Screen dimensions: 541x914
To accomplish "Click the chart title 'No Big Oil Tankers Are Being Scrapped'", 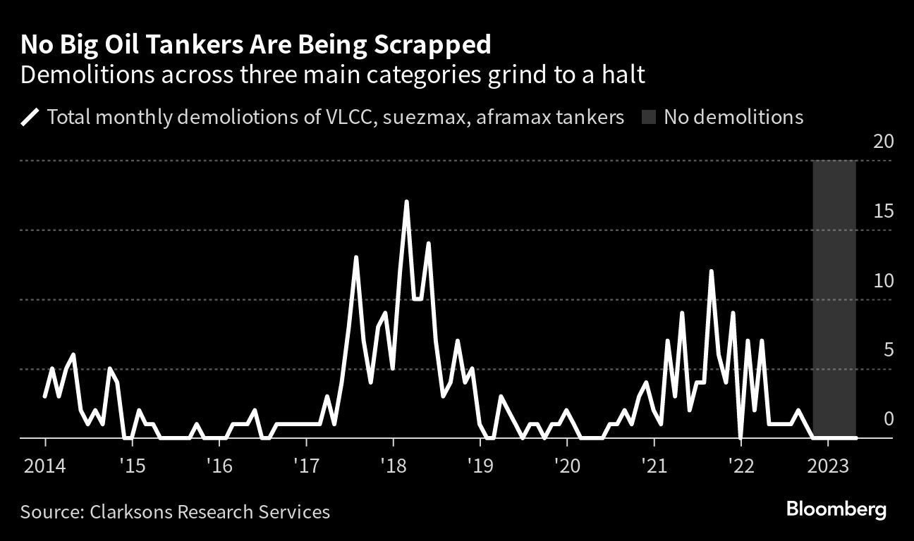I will coord(256,45).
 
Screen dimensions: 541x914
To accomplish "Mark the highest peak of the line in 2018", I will coord(406,202).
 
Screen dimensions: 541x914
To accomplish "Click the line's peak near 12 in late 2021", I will coord(712,271).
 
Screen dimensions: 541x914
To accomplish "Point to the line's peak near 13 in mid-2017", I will coord(356,257).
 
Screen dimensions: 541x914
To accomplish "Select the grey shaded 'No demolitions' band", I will coord(834,296).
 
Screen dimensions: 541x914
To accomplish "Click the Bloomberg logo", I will coord(836,509).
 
